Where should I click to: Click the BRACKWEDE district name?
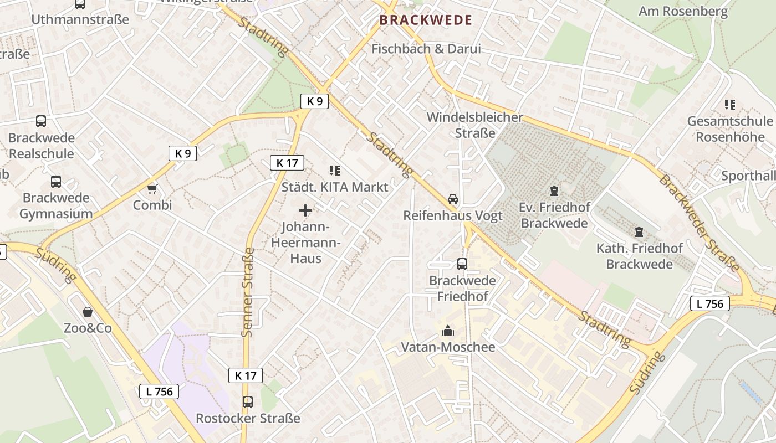point(426,20)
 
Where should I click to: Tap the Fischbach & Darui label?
point(426,49)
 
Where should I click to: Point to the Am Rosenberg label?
point(683,12)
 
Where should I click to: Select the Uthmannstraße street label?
point(80,19)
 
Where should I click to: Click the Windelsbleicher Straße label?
point(474,125)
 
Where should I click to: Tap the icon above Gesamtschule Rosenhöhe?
point(729,104)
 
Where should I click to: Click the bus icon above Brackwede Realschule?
point(41,121)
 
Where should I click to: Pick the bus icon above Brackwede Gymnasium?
point(56,181)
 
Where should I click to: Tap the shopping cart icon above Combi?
point(152,189)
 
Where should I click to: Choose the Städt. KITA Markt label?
point(335,187)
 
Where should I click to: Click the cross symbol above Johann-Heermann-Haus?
point(305,210)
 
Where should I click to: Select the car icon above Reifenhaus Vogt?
point(453,199)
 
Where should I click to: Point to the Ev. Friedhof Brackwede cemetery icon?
point(553,191)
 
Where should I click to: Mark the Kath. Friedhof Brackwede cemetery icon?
point(639,232)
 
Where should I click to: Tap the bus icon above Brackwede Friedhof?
point(462,264)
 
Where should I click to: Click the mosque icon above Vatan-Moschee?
point(447,331)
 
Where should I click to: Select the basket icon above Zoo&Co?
point(87,312)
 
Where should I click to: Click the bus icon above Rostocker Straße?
point(248,401)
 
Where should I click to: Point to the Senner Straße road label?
point(247,292)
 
